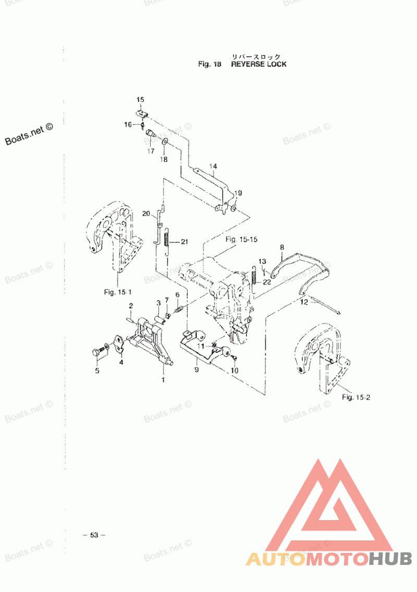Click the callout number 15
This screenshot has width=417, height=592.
[140, 99]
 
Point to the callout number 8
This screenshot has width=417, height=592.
[281, 247]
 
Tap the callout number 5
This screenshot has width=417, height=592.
[96, 371]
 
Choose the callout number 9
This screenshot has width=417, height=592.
[197, 369]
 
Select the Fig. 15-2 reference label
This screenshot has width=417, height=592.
[355, 397]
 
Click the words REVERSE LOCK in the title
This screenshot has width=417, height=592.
[259, 65]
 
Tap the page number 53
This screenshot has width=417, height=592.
[94, 535]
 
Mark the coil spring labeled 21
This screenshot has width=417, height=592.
[166, 242]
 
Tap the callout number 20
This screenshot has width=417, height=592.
[146, 213]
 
